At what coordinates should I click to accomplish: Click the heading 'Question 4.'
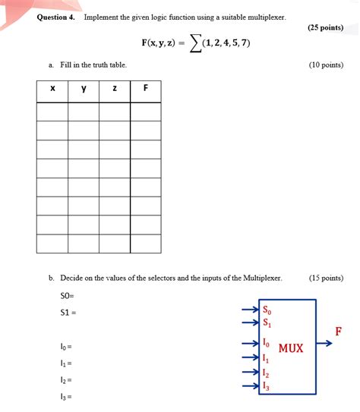click(56, 17)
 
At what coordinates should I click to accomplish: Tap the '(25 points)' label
click(326, 27)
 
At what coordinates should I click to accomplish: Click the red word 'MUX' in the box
click(291, 348)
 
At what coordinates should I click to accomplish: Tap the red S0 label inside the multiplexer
click(266, 310)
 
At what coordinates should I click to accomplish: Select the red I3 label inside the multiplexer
click(265, 386)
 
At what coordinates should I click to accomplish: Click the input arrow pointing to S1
click(251, 322)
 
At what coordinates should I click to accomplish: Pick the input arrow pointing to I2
click(251, 372)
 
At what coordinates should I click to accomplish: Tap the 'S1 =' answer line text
click(68, 312)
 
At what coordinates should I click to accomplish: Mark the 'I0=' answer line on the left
click(66, 347)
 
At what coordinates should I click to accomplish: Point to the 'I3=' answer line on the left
click(66, 396)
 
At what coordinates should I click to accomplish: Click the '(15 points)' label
click(326, 278)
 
